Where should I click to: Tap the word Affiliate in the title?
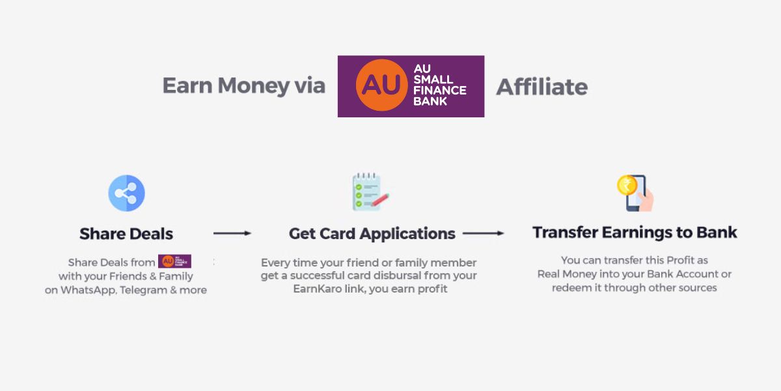point(541,87)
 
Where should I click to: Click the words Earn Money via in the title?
point(243,86)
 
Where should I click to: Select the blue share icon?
point(126,194)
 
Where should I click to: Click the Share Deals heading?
point(126,233)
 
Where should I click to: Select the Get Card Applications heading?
point(372,233)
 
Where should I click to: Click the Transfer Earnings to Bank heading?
point(635,233)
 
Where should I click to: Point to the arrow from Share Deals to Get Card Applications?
point(232,233)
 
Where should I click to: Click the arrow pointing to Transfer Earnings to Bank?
point(483,233)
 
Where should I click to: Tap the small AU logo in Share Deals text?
point(174,262)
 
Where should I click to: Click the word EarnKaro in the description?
point(315,289)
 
